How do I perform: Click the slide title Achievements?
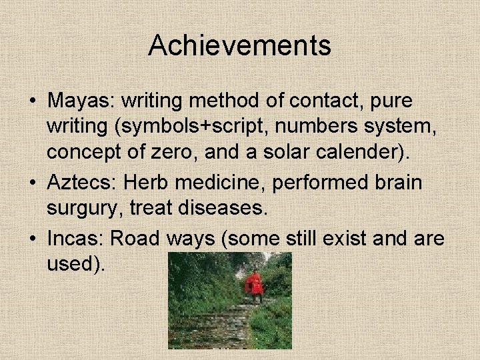click(x=239, y=45)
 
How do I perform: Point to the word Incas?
click(x=75, y=238)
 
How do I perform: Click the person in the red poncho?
click(x=254, y=283)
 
